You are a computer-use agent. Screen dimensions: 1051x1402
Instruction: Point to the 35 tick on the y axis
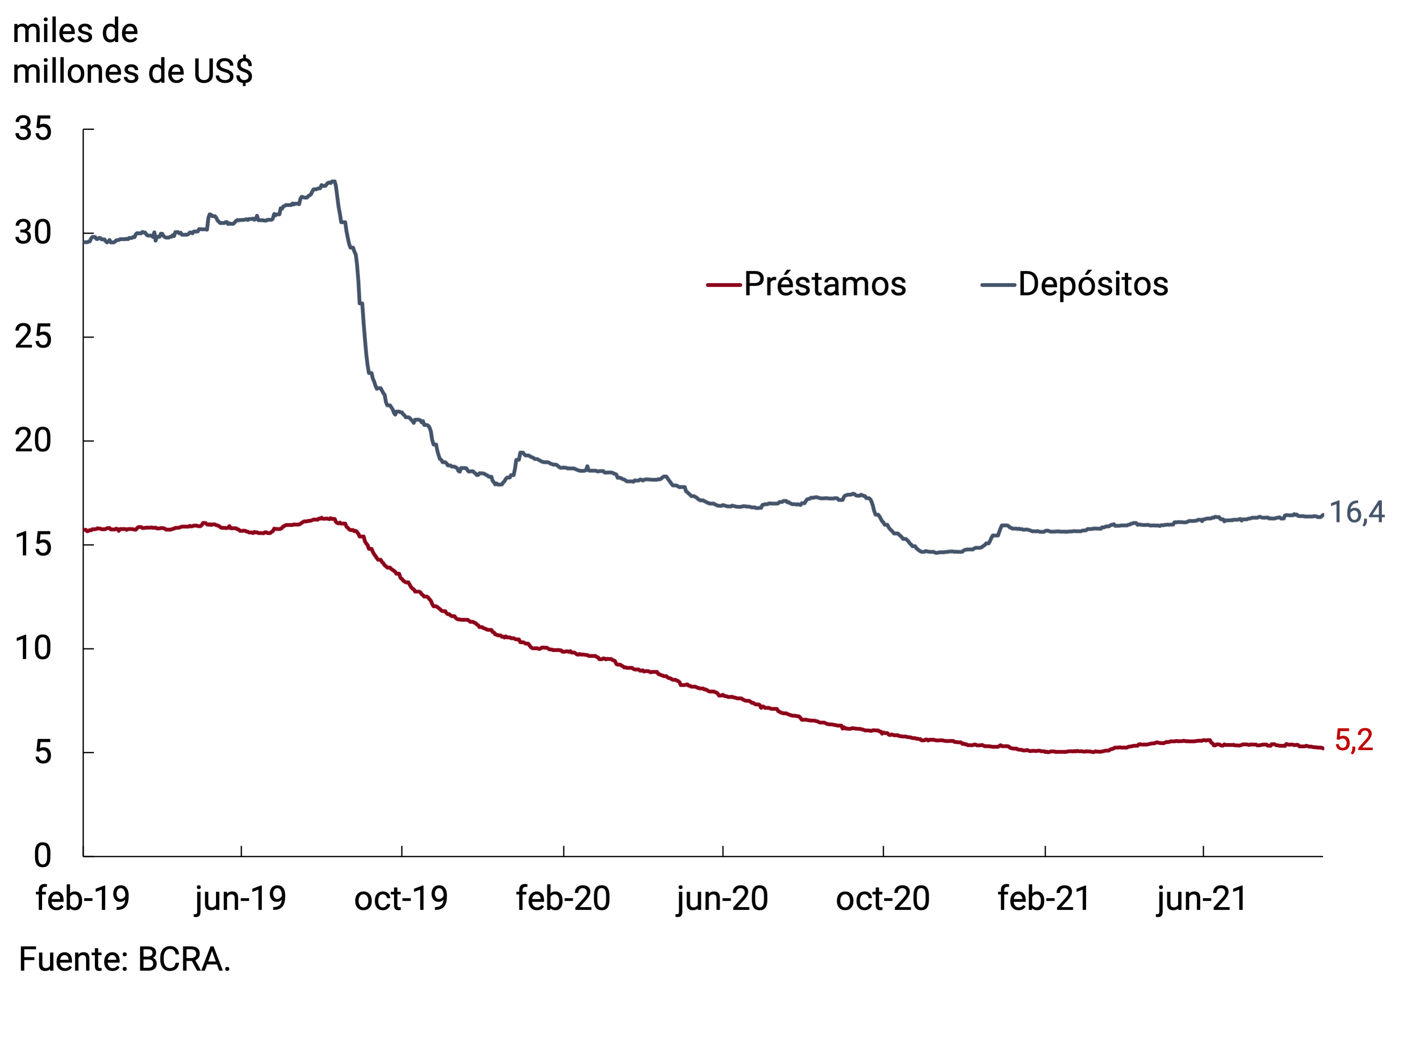[33, 129]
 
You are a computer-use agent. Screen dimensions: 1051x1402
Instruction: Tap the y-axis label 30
[33, 233]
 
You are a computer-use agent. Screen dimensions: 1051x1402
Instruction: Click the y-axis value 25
[33, 337]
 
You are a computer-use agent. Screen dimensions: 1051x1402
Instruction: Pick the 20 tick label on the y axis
[33, 441]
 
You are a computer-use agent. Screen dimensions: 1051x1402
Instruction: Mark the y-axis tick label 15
[33, 545]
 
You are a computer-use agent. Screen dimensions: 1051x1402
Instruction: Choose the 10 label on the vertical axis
[33, 649]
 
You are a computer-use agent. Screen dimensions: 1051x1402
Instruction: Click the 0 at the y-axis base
[43, 856]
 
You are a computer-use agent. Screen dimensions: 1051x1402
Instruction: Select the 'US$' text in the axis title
[223, 71]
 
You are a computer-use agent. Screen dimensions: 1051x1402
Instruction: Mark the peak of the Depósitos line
[334, 181]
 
